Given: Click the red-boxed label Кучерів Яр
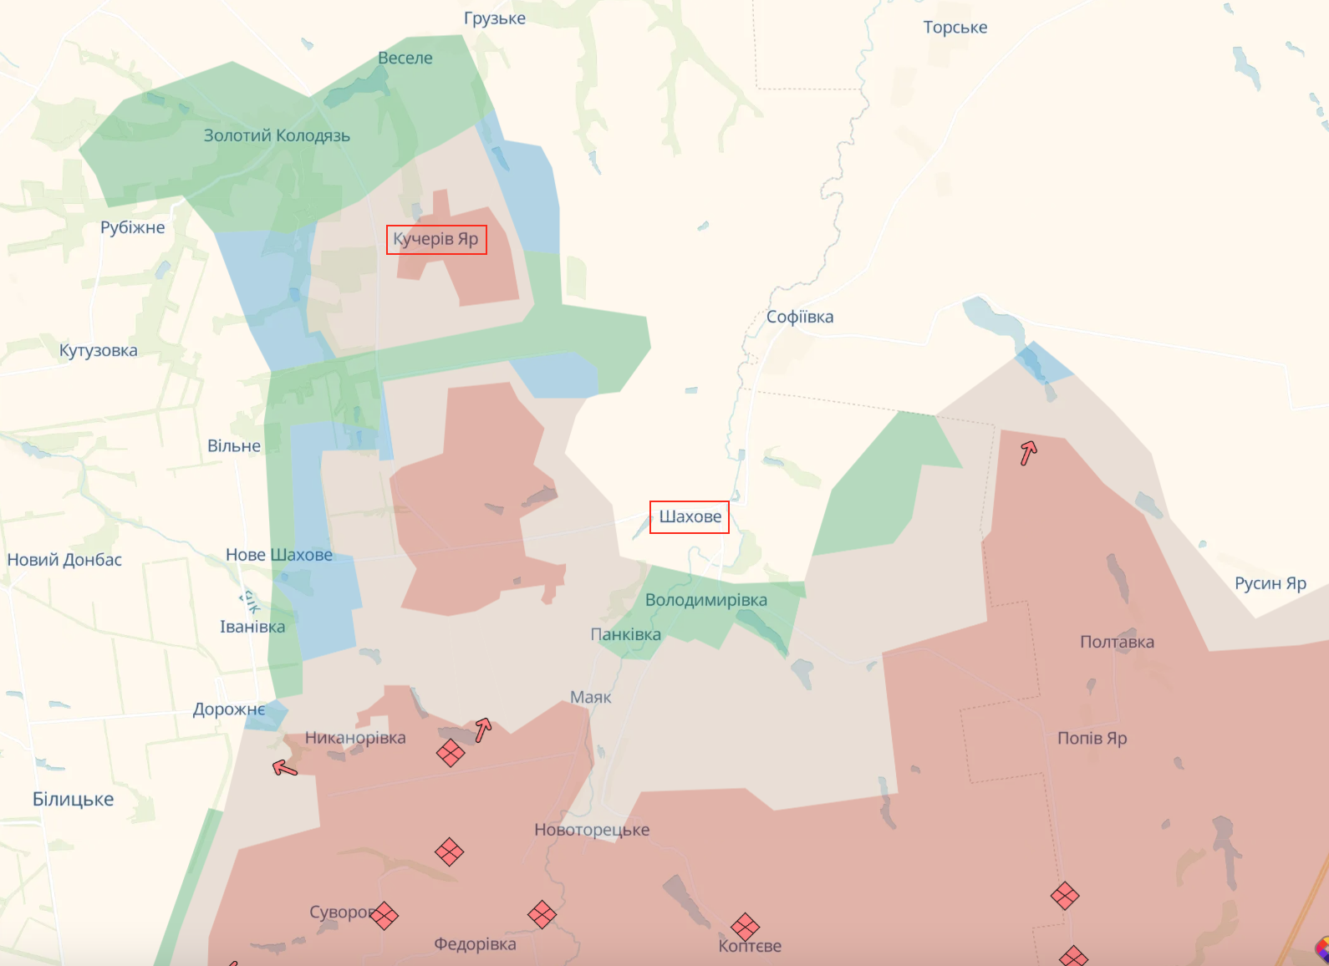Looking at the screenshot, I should tap(435, 240).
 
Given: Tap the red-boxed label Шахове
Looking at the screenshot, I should tap(690, 516).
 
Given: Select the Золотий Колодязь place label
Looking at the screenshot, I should tap(277, 135).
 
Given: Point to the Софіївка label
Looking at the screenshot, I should tap(800, 317).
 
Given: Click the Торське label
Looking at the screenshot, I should tap(955, 28).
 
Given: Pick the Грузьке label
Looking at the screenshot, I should tap(495, 18).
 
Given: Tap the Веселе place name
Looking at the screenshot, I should tap(405, 58).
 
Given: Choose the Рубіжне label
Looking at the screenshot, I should tap(133, 227).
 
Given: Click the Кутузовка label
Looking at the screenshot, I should tap(99, 351).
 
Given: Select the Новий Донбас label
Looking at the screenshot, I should tap(64, 560).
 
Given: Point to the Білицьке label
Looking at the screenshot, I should tap(74, 800).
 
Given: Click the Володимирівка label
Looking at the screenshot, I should tap(706, 600).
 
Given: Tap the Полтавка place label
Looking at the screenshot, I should tap(1117, 642).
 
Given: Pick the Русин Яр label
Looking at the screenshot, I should tap(1270, 583).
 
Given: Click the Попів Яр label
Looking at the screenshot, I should tap(1092, 738).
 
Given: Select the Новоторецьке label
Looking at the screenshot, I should tap(592, 830).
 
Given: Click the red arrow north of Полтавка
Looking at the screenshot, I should tap(1028, 452).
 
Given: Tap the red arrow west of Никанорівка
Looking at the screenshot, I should tap(285, 766).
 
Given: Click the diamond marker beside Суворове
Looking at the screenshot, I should tap(384, 915).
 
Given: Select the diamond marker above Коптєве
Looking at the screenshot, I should tap(745, 926).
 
